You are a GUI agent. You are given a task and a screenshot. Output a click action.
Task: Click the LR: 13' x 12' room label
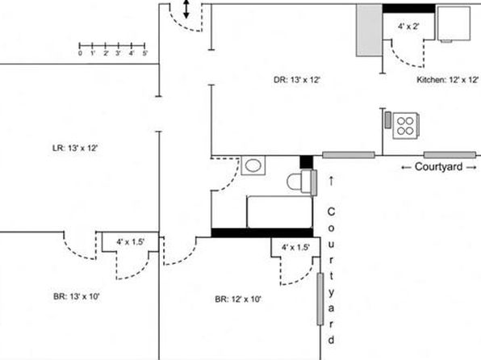[75, 149]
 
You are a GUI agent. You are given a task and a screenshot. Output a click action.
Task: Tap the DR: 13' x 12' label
[297, 80]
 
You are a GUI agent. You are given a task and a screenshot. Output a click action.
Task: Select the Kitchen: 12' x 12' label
[448, 80]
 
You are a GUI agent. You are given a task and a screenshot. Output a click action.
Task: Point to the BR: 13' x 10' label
[77, 297]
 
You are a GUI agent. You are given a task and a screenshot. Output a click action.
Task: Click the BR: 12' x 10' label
[238, 299]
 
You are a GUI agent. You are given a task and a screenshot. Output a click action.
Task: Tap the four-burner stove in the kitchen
[405, 126]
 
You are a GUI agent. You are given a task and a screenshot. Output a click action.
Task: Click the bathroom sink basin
[253, 165]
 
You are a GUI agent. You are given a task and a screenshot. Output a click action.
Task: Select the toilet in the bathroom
[302, 182]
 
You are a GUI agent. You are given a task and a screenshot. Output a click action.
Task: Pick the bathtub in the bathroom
[280, 212]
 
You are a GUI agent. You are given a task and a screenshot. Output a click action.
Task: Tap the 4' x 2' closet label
[408, 27]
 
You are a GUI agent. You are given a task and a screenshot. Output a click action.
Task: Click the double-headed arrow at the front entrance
[186, 9]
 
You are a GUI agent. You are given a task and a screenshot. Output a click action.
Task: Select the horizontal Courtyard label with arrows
[439, 167]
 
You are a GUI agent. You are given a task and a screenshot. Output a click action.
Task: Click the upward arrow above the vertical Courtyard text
[331, 181]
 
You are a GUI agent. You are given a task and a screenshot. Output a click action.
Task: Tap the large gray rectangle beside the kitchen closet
[369, 30]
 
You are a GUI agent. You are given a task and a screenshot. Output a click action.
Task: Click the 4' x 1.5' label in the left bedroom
[130, 242]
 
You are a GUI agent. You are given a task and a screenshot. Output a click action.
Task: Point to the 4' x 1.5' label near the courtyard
[295, 247]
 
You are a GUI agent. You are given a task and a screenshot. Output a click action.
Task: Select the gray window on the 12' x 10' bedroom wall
[320, 299]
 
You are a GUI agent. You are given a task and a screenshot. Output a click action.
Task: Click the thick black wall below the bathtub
[262, 232]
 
